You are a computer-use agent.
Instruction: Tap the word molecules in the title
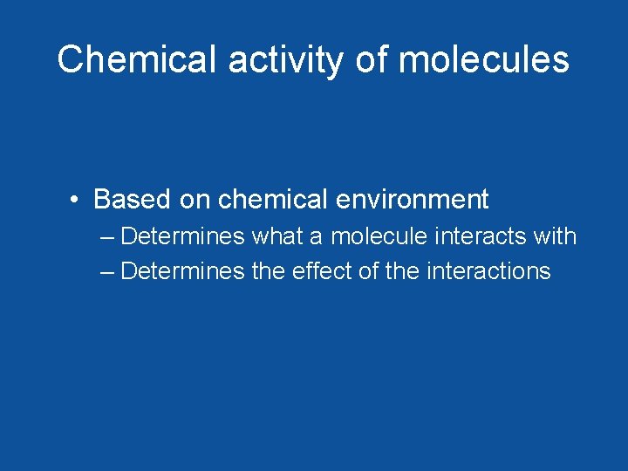pos(484,59)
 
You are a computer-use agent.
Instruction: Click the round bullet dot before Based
pos(78,200)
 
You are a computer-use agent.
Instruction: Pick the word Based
pos(133,200)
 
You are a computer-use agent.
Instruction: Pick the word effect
pos(322,271)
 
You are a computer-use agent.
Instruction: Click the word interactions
pos(488,271)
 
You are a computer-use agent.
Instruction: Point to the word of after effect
pos(369,271)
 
